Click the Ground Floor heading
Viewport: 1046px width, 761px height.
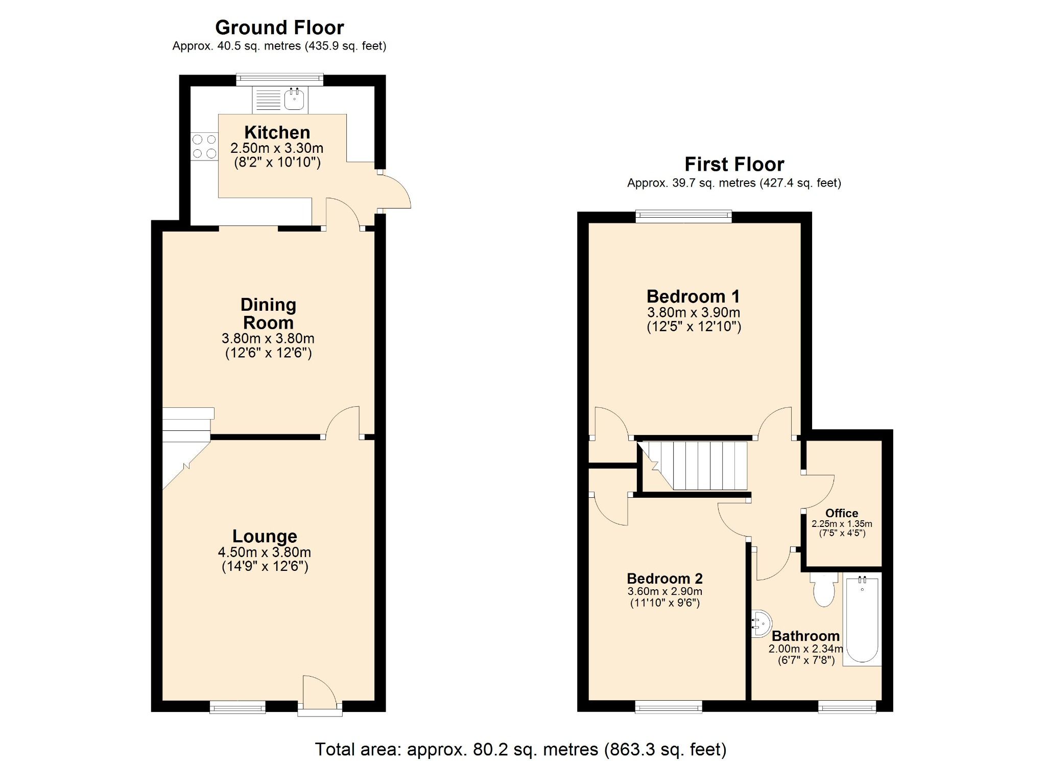pyautogui.click(x=279, y=27)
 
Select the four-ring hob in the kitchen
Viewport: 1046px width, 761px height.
pyautogui.click(x=204, y=146)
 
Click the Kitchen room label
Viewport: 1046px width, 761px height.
pyautogui.click(x=277, y=132)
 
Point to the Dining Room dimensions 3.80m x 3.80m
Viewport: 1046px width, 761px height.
pyautogui.click(x=268, y=338)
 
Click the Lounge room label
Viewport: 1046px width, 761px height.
pyautogui.click(x=265, y=536)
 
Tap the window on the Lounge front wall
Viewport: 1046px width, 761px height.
pyautogui.click(x=237, y=707)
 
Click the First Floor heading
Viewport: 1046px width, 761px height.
pyautogui.click(x=734, y=164)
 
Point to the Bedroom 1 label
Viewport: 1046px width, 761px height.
pyautogui.click(x=693, y=296)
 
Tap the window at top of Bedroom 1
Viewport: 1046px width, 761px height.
pyautogui.click(x=683, y=217)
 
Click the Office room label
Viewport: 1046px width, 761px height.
pyautogui.click(x=842, y=513)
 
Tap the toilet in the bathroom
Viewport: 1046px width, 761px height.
pyautogui.click(x=823, y=591)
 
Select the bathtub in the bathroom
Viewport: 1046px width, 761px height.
pyautogui.click(x=862, y=619)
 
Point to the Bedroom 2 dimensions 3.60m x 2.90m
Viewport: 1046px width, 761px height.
pyautogui.click(x=664, y=591)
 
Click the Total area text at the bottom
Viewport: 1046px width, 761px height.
pyautogui.click(x=520, y=749)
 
